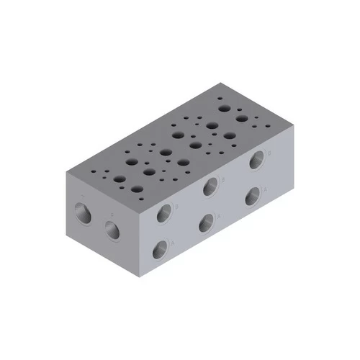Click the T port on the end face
pos(81,211)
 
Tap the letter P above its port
pos(112,214)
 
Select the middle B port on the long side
pos(210,186)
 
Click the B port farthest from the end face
pos(256,160)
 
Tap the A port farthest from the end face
pos(252,196)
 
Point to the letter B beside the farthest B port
pos(268,153)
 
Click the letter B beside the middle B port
pos(222,179)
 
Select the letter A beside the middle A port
pos(219,215)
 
